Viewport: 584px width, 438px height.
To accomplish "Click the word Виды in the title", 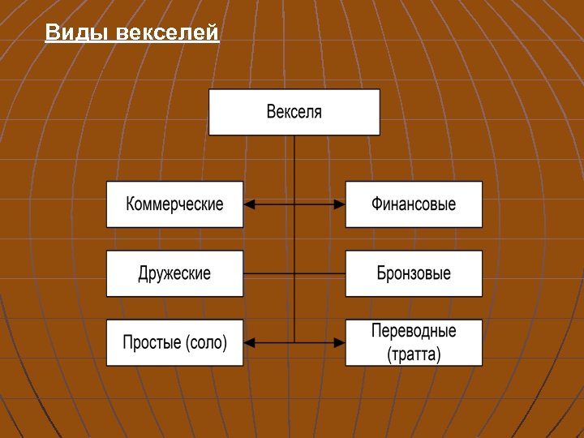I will pyautogui.click(x=77, y=33).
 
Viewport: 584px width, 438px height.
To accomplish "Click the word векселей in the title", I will pyautogui.click(x=167, y=33).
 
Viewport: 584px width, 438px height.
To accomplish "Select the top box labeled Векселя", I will pyautogui.click(x=294, y=112).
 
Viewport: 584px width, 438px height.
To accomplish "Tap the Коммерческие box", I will pyautogui.click(x=174, y=204).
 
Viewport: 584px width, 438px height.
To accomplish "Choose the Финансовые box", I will pyautogui.click(x=414, y=204).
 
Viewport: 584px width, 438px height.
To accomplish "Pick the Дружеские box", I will pyautogui.click(x=174, y=273).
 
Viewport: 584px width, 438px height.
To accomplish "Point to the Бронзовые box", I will pyautogui.click(x=414, y=273).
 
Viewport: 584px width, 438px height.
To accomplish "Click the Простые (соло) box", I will pyautogui.click(x=174, y=342).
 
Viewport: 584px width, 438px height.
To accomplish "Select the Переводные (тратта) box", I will pyautogui.click(x=414, y=342).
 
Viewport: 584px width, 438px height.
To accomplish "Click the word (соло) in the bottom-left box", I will pyautogui.click(x=206, y=343).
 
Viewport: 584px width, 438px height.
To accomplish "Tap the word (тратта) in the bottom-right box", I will pyautogui.click(x=414, y=354).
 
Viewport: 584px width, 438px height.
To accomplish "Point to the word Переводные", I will pyautogui.click(x=414, y=331).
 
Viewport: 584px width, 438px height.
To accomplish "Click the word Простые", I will pyautogui.click(x=152, y=343).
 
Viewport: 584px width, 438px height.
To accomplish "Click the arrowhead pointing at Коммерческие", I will pyautogui.click(x=250, y=204).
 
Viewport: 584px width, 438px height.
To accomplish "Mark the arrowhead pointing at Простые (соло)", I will pyautogui.click(x=250, y=342).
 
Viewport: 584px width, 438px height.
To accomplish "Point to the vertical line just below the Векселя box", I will pyautogui.click(x=294, y=154).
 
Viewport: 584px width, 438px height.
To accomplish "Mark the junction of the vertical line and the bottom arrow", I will pyautogui.click(x=294, y=342).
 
